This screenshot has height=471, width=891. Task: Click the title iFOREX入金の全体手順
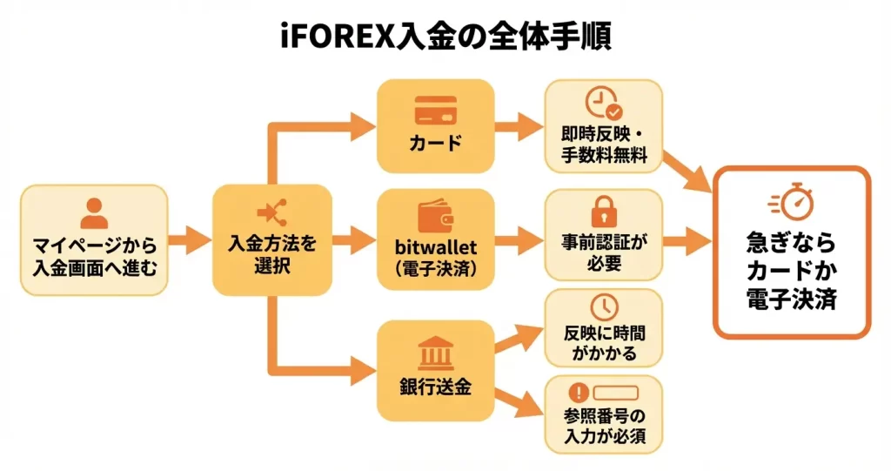point(445,36)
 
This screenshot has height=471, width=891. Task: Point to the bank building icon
point(435,353)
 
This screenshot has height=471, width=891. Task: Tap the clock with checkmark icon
point(603,104)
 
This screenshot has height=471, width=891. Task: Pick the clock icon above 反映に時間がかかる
point(603,306)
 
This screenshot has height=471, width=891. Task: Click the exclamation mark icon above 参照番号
point(579,391)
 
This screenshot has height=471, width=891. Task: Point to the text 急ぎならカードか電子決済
point(791,270)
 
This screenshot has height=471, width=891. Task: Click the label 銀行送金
point(435,387)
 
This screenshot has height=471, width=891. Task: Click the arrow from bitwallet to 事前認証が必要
point(519,239)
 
